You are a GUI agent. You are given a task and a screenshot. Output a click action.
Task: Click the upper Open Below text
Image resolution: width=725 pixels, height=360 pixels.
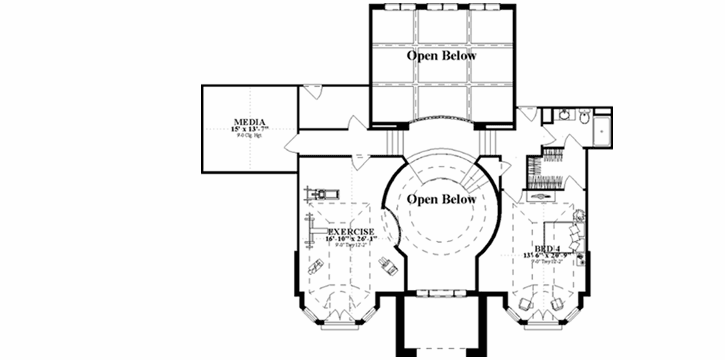(441, 57)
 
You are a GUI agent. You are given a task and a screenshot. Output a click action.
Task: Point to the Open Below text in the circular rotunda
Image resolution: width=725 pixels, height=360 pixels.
(440, 199)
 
